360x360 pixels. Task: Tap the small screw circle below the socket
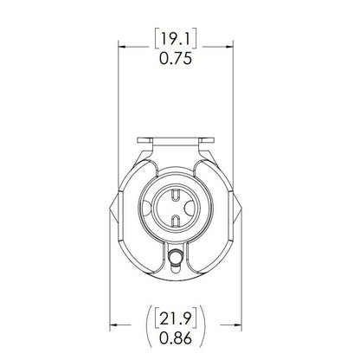pyautogui.click(x=177, y=256)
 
